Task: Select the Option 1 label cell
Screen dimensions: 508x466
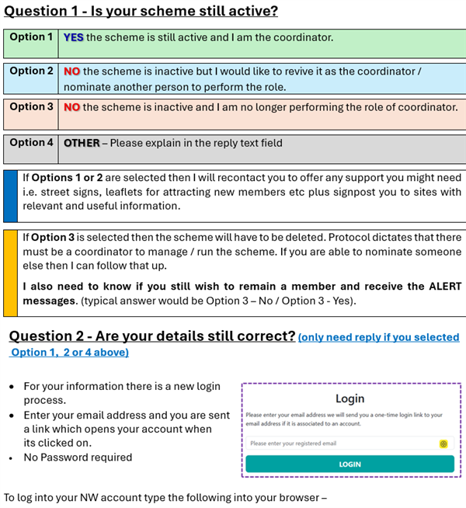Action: click(32, 37)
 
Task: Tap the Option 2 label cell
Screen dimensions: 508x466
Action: click(32, 71)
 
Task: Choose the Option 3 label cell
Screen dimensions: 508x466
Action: click(32, 107)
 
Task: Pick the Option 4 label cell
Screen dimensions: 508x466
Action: click(32, 143)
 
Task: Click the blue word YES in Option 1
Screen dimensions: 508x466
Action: click(74, 37)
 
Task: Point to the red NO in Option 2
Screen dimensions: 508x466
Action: click(72, 71)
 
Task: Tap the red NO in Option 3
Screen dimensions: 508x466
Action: click(72, 107)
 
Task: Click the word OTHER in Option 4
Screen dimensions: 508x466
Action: click(82, 143)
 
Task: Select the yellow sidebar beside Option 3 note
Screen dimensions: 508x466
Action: click(10, 273)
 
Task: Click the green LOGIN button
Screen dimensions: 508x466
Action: click(349, 464)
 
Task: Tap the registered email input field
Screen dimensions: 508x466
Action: click(342, 444)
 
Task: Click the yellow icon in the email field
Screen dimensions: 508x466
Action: click(443, 444)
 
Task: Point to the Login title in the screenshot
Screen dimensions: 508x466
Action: click(349, 398)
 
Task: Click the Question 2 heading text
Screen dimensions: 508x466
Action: click(151, 336)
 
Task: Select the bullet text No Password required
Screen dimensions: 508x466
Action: click(78, 457)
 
